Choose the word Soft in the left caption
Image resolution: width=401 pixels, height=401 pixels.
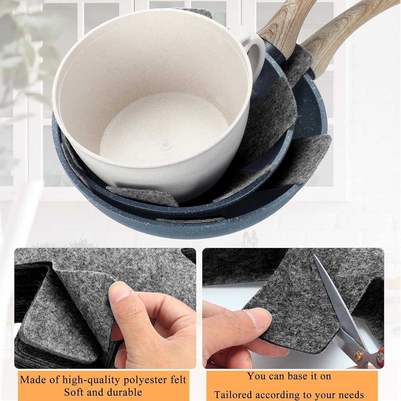pyautogui.click(x=75, y=392)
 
